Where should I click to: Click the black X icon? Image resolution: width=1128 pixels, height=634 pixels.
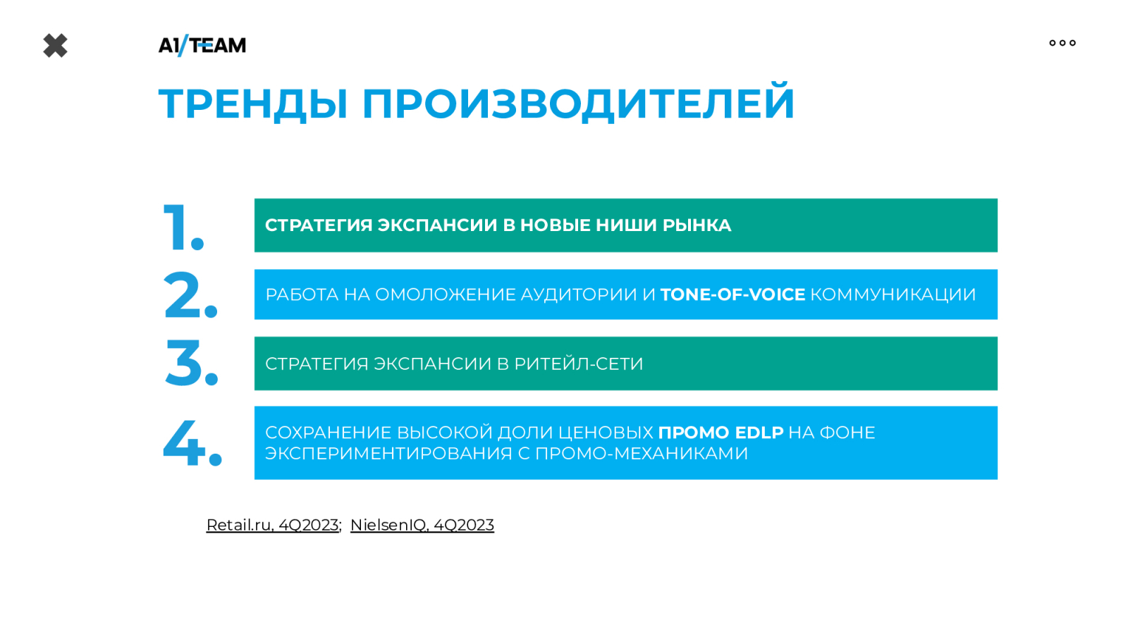coord(56,46)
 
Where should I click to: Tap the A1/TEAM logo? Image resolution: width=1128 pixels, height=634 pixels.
coord(202,45)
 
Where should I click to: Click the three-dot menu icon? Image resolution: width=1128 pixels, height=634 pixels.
coord(1062,43)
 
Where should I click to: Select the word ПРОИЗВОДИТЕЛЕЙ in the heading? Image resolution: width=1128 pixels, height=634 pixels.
coord(578,101)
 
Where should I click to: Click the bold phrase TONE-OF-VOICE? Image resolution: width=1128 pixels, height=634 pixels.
coord(732,294)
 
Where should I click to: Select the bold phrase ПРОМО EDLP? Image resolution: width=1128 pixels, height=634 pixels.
coord(721,433)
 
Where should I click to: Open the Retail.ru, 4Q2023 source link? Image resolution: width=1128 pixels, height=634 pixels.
coord(272,525)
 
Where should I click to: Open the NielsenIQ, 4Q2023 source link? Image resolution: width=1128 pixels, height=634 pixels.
coord(422,525)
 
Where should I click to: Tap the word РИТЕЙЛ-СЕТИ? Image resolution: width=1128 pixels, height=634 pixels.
coord(579,363)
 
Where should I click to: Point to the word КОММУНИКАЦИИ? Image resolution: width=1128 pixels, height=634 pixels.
coord(893,294)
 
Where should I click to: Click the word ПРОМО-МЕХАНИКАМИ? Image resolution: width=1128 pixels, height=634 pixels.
coord(641,454)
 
